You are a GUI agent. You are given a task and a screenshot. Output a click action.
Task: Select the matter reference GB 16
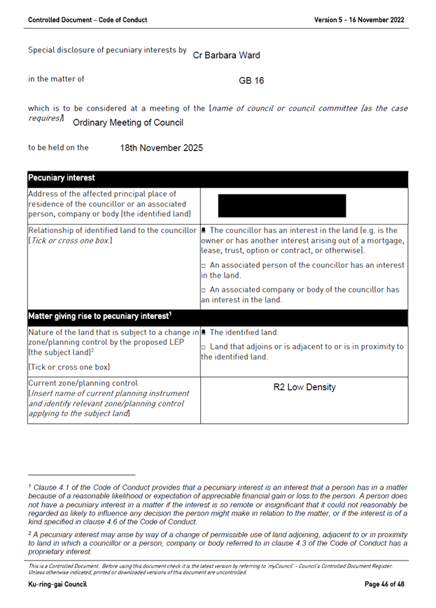[251, 80]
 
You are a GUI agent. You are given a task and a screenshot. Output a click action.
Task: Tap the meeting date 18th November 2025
[161, 148]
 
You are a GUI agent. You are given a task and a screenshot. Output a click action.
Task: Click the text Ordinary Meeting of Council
[128, 122]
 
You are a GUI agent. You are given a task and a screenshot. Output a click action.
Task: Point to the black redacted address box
[282, 205]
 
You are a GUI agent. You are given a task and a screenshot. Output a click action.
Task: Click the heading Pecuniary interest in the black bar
[62, 178]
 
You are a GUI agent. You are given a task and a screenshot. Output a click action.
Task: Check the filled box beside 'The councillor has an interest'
[204, 230]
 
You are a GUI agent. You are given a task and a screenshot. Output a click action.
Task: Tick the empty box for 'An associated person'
[204, 266]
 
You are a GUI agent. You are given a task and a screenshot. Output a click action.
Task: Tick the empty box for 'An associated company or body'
[204, 290]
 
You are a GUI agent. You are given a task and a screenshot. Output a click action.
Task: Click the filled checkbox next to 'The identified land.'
[204, 332]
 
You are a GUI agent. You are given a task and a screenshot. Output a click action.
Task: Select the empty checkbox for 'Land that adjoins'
[204, 347]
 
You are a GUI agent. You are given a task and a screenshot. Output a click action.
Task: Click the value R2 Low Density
[304, 387]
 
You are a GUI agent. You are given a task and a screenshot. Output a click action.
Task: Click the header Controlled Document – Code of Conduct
[87, 20]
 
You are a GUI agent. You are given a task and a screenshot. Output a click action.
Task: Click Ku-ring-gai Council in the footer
[57, 584]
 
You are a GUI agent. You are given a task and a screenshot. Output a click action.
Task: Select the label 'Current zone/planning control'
[83, 383]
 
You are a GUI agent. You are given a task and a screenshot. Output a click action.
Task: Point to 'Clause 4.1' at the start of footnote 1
[48, 486]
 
